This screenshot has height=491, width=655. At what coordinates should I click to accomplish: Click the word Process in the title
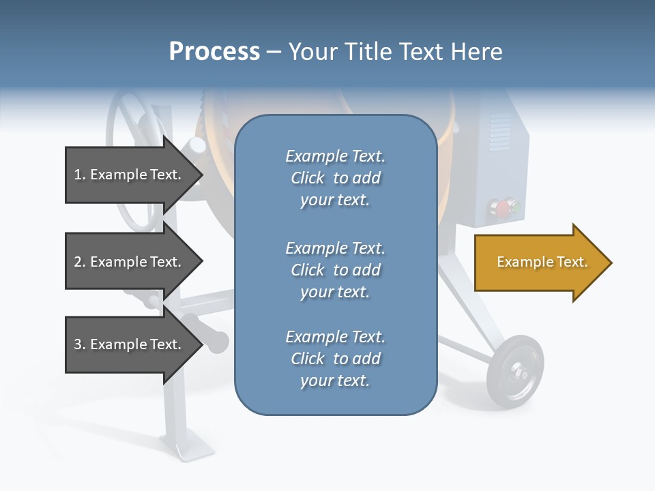pyautogui.click(x=214, y=51)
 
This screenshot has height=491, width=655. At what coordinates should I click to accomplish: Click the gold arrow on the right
pyautogui.click(x=542, y=262)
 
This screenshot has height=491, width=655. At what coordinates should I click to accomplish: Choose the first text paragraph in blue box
pyautogui.click(x=335, y=178)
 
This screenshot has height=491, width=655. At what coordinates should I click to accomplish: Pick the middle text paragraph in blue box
pyautogui.click(x=335, y=270)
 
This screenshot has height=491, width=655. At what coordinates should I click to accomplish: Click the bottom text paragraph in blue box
pyautogui.click(x=335, y=359)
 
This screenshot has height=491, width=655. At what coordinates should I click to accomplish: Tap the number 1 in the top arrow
pyautogui.click(x=78, y=175)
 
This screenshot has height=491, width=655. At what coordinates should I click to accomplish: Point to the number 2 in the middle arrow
pyautogui.click(x=78, y=262)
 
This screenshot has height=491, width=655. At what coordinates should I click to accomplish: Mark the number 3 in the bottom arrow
pyautogui.click(x=78, y=344)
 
